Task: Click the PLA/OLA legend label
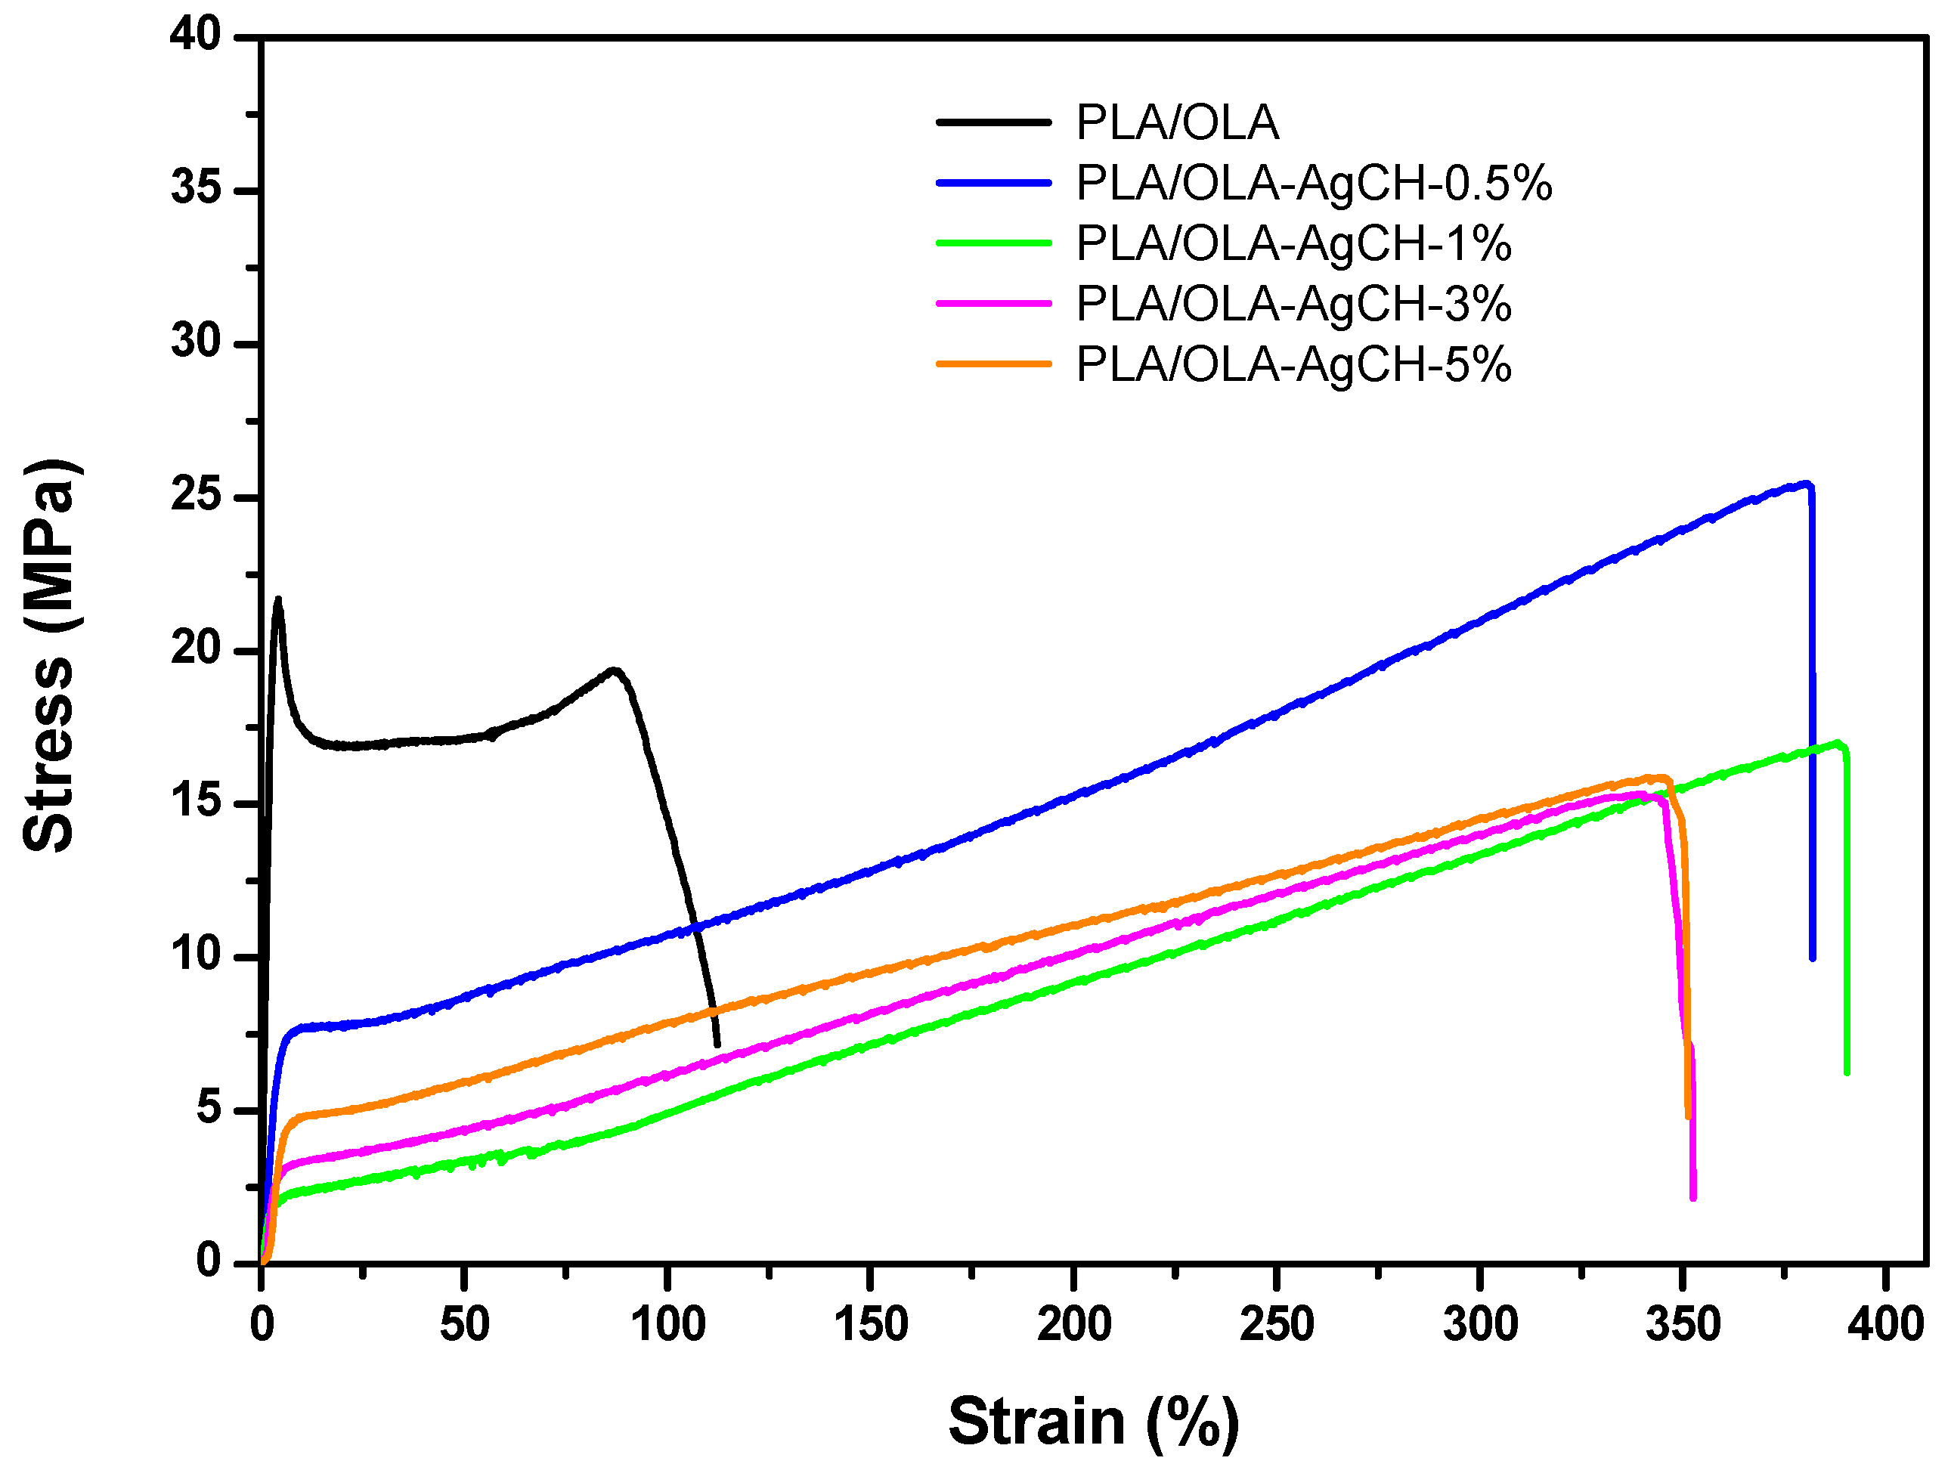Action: click(x=1177, y=122)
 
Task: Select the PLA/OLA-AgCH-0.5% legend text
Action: click(x=1313, y=184)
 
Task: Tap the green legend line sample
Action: click(x=994, y=243)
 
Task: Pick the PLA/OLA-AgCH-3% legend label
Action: click(x=1293, y=304)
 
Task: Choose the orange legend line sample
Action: click(x=994, y=364)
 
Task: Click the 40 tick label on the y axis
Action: click(x=196, y=36)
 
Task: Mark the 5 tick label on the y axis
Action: click(x=209, y=1109)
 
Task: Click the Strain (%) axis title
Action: click(x=1094, y=1421)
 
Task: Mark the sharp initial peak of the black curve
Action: click(x=279, y=600)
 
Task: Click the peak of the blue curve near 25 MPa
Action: click(x=1807, y=484)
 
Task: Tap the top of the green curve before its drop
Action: click(x=1837, y=743)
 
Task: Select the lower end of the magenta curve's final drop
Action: click(x=1692, y=1197)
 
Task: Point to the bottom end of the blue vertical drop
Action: click(x=1813, y=958)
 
